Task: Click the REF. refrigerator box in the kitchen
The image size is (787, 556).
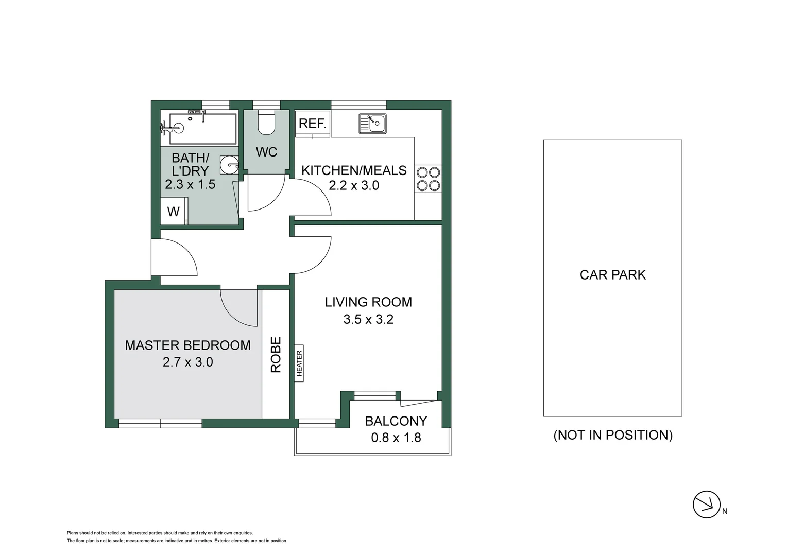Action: point(312,124)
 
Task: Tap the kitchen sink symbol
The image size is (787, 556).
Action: point(372,124)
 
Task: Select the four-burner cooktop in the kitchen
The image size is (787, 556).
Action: point(428,179)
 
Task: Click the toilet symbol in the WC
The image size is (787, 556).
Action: point(266,123)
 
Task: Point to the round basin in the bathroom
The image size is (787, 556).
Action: point(228,165)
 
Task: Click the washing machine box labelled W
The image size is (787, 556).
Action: point(173,211)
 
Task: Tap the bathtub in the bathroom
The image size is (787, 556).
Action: point(202,128)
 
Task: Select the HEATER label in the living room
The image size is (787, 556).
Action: point(299,363)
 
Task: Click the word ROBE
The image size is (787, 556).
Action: point(276,354)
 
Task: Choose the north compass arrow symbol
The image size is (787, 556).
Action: point(706,504)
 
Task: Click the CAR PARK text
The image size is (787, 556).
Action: point(612,275)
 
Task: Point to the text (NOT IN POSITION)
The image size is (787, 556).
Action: point(613,435)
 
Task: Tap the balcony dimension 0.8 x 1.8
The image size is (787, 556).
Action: point(396,438)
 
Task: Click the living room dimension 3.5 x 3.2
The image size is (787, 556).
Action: point(368,319)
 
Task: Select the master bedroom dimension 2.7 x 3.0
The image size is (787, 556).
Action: point(187,362)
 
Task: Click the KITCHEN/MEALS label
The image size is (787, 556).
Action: point(354,170)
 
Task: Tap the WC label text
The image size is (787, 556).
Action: point(266,152)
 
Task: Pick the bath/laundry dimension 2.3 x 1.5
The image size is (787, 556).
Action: point(190,184)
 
